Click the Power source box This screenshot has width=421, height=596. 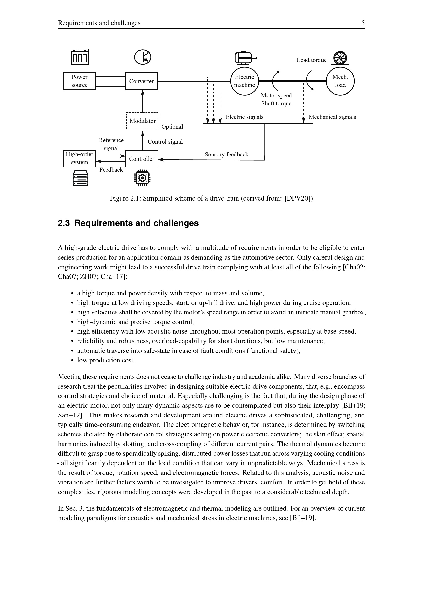click(x=80, y=81)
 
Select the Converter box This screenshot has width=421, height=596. click(x=142, y=81)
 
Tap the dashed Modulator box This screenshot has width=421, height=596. click(x=143, y=121)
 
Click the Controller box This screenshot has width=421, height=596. click(x=142, y=159)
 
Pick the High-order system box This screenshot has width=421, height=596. click(x=80, y=158)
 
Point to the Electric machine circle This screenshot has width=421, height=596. click(x=244, y=81)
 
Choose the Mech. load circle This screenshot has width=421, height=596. click(x=340, y=81)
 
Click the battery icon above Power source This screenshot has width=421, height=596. click(x=80, y=57)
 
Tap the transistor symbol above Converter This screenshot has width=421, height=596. click(x=143, y=57)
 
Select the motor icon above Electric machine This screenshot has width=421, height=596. click(x=245, y=58)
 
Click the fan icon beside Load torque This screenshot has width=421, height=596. click(x=340, y=58)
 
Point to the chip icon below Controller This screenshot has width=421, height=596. click(x=142, y=178)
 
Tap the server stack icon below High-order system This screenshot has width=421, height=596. click(x=80, y=178)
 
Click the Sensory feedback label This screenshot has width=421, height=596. click(x=227, y=155)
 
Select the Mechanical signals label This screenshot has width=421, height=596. click(x=332, y=117)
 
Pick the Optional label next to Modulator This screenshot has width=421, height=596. click(x=172, y=127)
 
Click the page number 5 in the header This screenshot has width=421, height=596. click(x=363, y=23)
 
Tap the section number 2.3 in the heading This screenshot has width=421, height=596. click(x=64, y=223)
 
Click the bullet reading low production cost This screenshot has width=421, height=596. click(x=106, y=360)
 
